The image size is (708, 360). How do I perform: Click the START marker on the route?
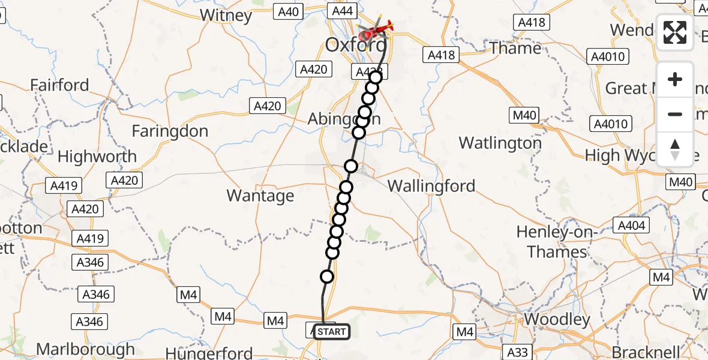331,332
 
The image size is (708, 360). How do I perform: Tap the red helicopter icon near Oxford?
376,28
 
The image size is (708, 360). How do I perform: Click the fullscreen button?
675,32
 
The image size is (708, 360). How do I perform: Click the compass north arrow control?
675,149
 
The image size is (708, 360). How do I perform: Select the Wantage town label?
260,196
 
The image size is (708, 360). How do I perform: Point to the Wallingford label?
431,186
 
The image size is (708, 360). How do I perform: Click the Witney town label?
226,15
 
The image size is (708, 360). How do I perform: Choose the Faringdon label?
170,131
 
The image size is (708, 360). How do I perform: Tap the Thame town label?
515,48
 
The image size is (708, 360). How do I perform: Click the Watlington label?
500,143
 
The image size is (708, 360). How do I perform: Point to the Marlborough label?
85,349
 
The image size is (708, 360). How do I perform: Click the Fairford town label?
60,85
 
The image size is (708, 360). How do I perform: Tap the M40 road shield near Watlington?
524,115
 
